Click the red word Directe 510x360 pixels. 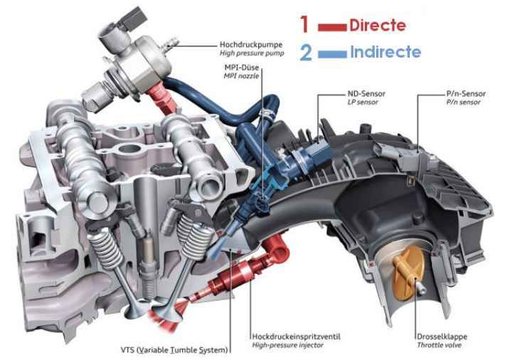click(377, 26)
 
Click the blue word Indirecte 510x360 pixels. click(385, 52)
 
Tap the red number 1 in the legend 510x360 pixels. click(304, 25)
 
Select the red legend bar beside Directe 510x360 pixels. click(331, 27)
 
